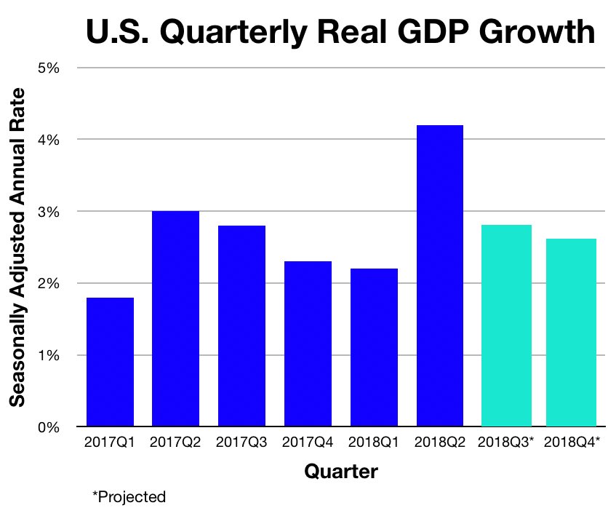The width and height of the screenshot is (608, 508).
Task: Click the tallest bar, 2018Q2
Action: (440, 276)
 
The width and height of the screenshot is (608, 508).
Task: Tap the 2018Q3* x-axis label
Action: (507, 442)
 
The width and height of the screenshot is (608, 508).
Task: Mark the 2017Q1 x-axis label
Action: (110, 442)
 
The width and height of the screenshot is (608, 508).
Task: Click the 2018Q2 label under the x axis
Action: (440, 442)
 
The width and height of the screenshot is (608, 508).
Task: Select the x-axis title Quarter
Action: (340, 472)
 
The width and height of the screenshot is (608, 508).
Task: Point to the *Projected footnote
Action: (129, 496)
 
